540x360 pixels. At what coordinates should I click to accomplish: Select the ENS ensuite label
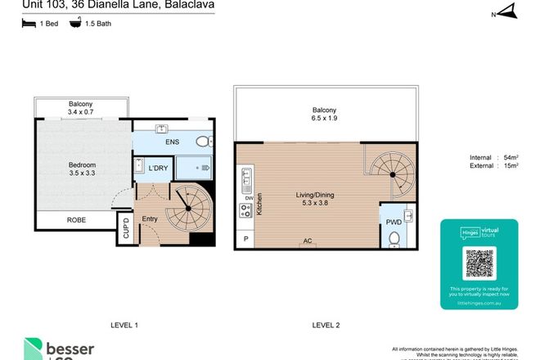173,142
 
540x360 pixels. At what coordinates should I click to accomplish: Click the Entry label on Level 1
150,219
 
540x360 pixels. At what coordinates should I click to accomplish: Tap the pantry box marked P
245,238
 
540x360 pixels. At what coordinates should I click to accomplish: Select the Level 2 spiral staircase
393,172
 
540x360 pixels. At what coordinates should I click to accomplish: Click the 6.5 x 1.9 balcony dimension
324,119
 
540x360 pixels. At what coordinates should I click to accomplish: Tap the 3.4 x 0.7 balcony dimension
82,114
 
